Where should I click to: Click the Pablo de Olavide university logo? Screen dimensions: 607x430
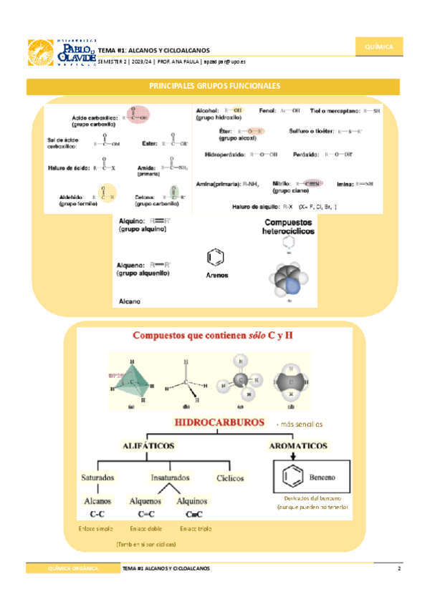pos(60,52)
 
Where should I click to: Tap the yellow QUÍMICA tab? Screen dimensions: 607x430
pos(378,47)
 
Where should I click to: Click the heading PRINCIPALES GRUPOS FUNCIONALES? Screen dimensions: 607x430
pos(214,86)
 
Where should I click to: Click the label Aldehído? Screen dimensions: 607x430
pos(72,196)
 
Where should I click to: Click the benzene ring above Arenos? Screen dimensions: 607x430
pos(214,256)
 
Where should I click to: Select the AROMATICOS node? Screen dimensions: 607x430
pos(298,445)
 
